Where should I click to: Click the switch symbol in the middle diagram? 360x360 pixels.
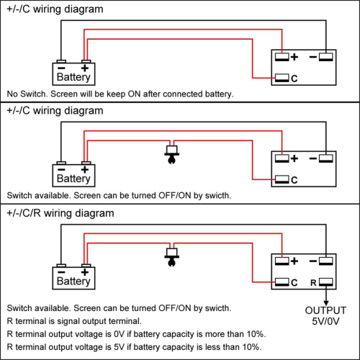coord(172,154)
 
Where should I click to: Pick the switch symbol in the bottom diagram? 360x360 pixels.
coord(172,257)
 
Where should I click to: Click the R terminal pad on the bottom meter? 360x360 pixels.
coord(326,282)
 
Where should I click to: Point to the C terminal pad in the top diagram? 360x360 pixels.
coord(282,78)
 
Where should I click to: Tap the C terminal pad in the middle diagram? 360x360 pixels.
coord(282,179)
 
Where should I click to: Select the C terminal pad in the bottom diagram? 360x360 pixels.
coord(282,282)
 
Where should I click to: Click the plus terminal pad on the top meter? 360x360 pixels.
coord(282,57)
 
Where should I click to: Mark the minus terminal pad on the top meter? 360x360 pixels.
coord(326,57)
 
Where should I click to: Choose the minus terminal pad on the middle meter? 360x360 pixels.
coord(326,158)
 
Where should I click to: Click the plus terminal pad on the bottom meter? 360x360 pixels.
coord(282,261)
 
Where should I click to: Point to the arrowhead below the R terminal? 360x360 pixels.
coord(326,303)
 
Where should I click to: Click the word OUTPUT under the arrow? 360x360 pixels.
coord(325,310)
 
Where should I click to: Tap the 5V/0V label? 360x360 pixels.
coord(325,321)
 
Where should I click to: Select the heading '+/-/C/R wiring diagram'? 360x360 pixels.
coord(60,213)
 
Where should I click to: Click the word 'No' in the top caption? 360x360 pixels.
coord(12,94)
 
